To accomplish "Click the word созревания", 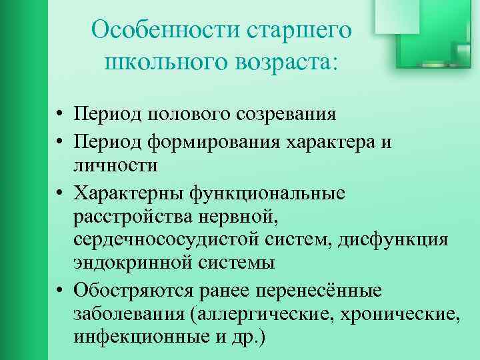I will point(279,113).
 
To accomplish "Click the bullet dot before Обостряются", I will point(60,291).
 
